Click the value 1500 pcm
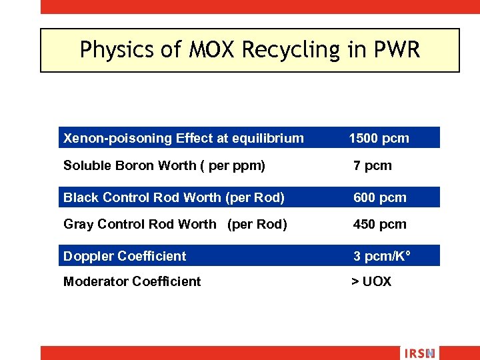tap(379, 139)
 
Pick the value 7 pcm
tap(373, 165)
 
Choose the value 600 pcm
tap(379, 197)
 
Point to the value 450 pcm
tap(379, 224)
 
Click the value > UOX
tap(371, 281)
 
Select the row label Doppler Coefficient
tap(125, 256)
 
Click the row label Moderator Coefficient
tap(132, 281)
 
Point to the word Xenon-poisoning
tap(117, 139)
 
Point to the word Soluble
tap(87, 165)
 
